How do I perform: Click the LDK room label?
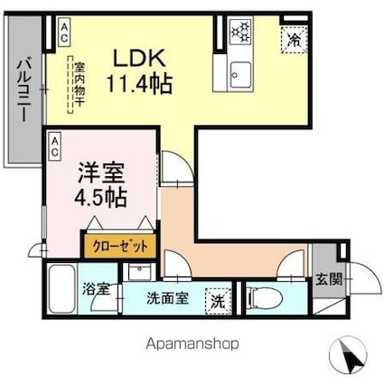[137, 59]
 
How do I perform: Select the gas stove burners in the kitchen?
[241, 33]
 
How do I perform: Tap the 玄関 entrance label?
[329, 280]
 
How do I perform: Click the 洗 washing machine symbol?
[218, 299]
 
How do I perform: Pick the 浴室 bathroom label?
[97, 290]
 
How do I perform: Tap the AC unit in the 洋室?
[55, 142]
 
